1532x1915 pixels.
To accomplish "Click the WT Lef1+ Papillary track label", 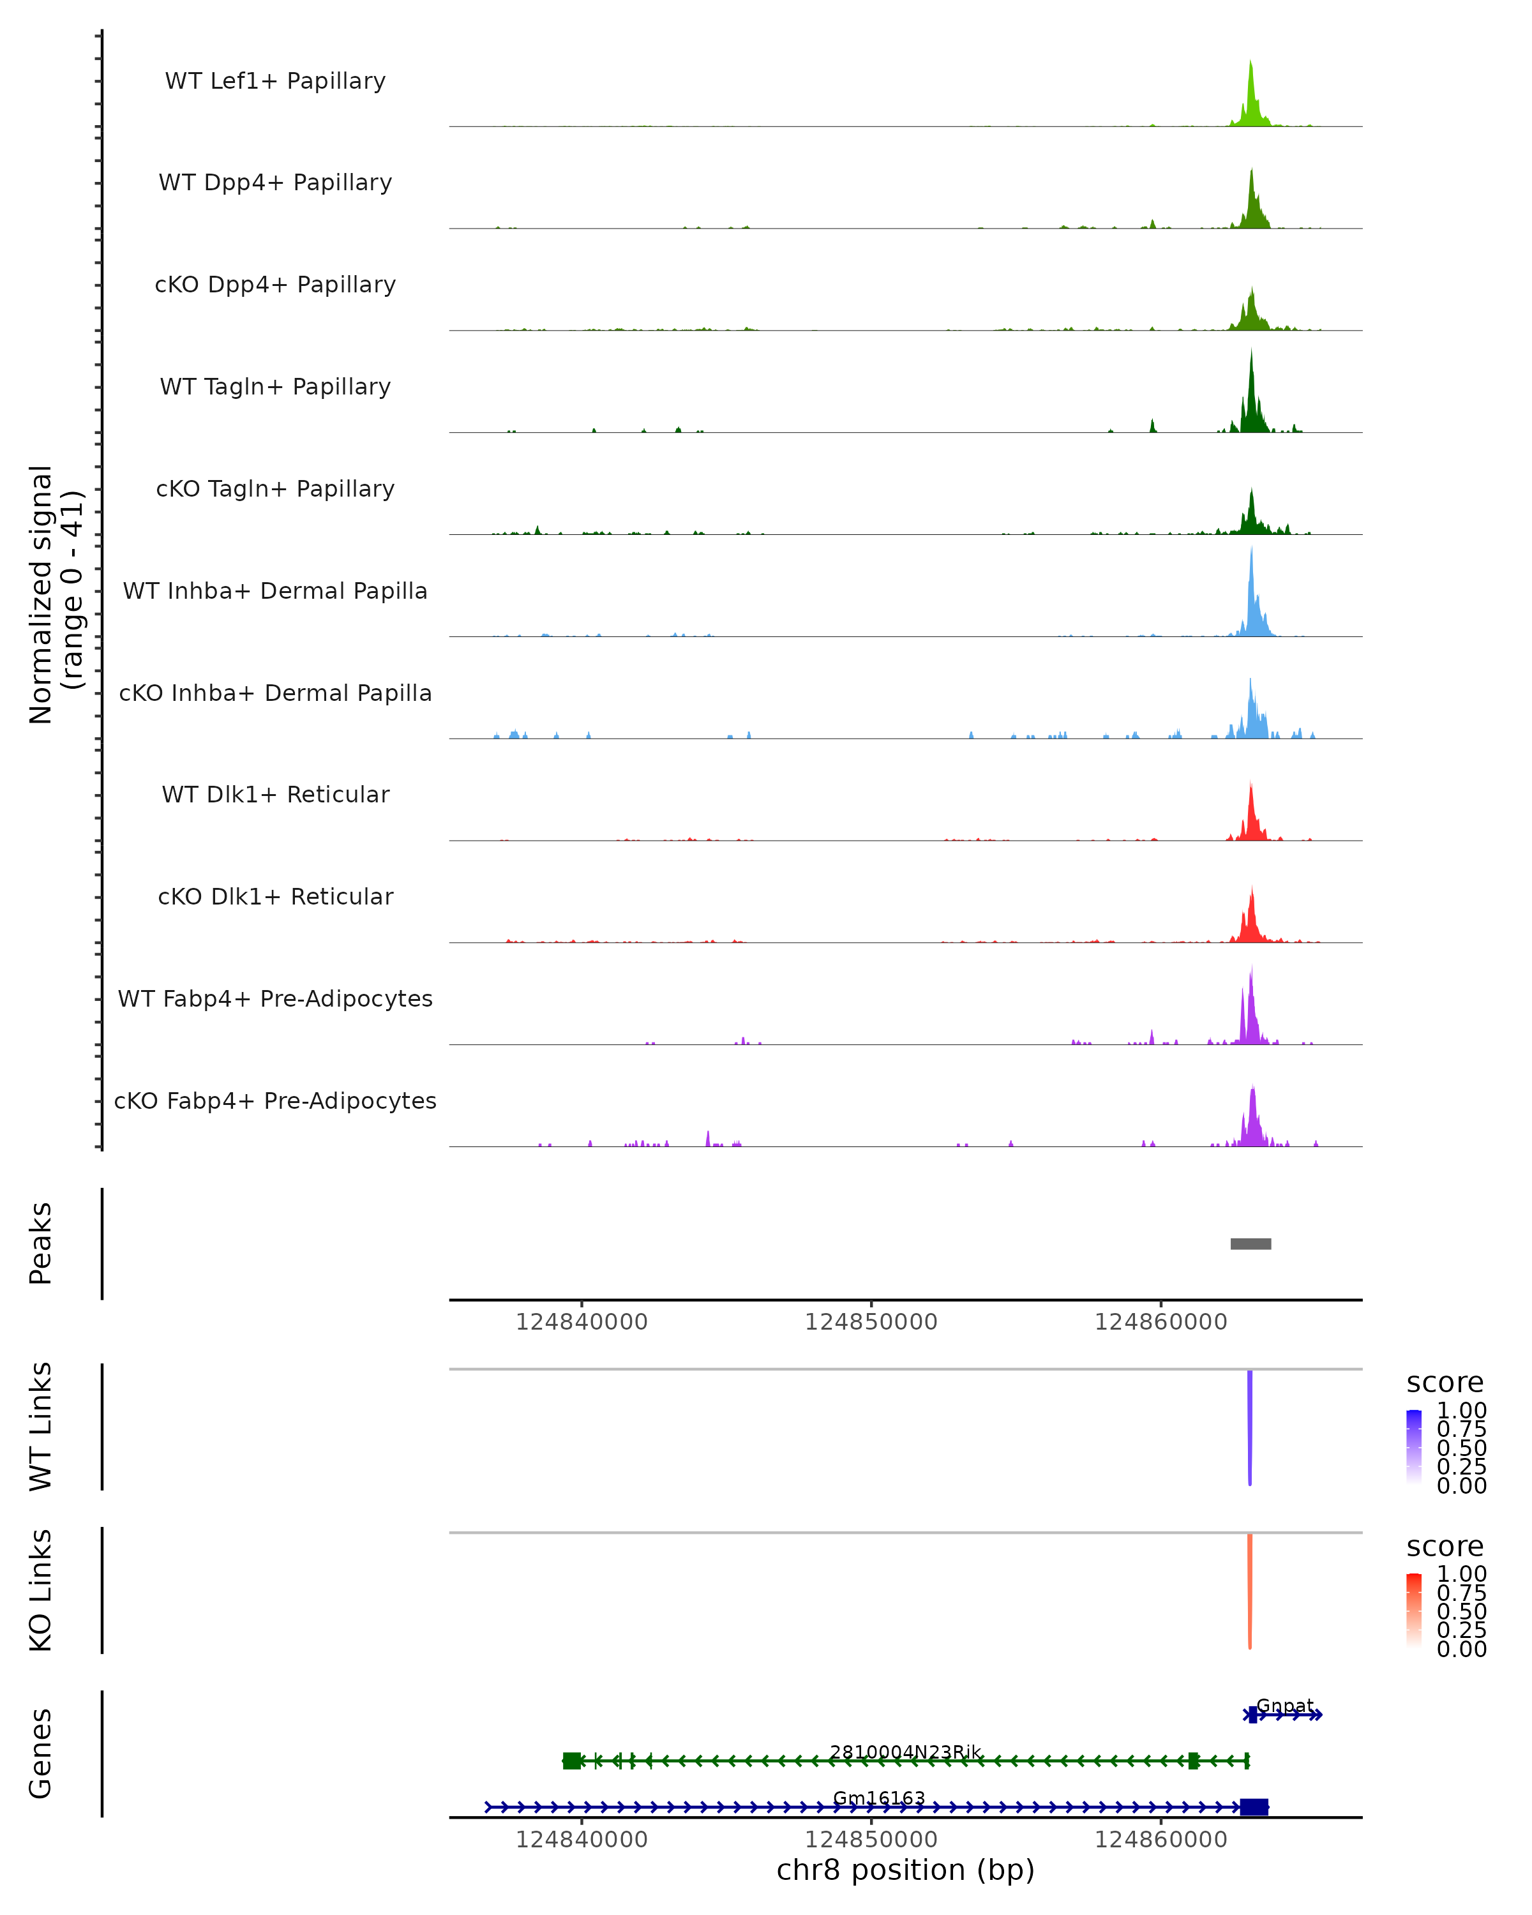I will click(275, 81).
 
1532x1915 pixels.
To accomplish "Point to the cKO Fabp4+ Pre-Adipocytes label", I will click(275, 1100).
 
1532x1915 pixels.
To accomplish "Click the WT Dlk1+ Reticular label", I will click(275, 794).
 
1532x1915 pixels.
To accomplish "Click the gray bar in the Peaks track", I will click(1250, 1243).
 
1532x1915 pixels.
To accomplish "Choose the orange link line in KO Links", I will click(1250, 1590).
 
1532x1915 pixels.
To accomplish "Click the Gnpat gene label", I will click(1285, 1706).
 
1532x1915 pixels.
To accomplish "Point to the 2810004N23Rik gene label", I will click(906, 1752).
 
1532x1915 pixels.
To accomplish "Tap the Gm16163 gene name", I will click(879, 1798).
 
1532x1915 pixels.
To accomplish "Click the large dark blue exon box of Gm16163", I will click(1254, 1806).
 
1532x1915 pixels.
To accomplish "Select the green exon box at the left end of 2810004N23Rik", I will click(572, 1761).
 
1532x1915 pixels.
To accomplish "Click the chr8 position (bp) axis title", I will click(906, 1870).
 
